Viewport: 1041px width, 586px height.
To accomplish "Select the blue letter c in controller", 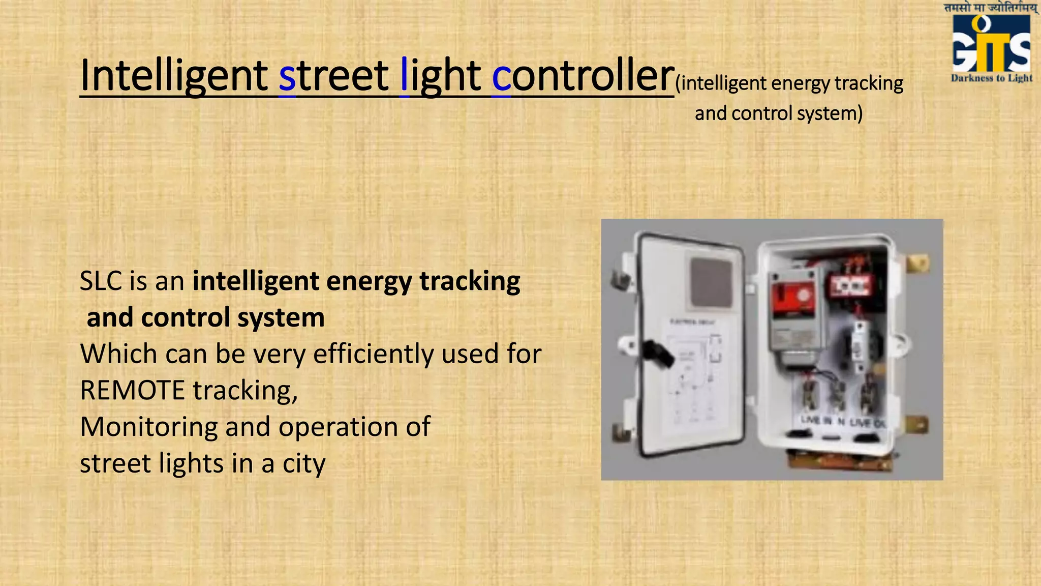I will pyautogui.click(x=501, y=77).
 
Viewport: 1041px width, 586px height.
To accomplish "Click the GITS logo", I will pyautogui.click(x=991, y=44).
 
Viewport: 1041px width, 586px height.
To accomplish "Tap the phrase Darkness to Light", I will pyautogui.click(x=991, y=78).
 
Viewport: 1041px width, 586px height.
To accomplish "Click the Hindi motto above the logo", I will pyautogui.click(x=991, y=8).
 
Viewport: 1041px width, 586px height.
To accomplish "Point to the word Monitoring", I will pyautogui.click(x=149, y=427).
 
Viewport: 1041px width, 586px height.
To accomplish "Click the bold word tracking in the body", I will pyautogui.click(x=470, y=281).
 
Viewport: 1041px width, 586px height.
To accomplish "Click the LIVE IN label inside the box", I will pyautogui.click(x=816, y=420).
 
